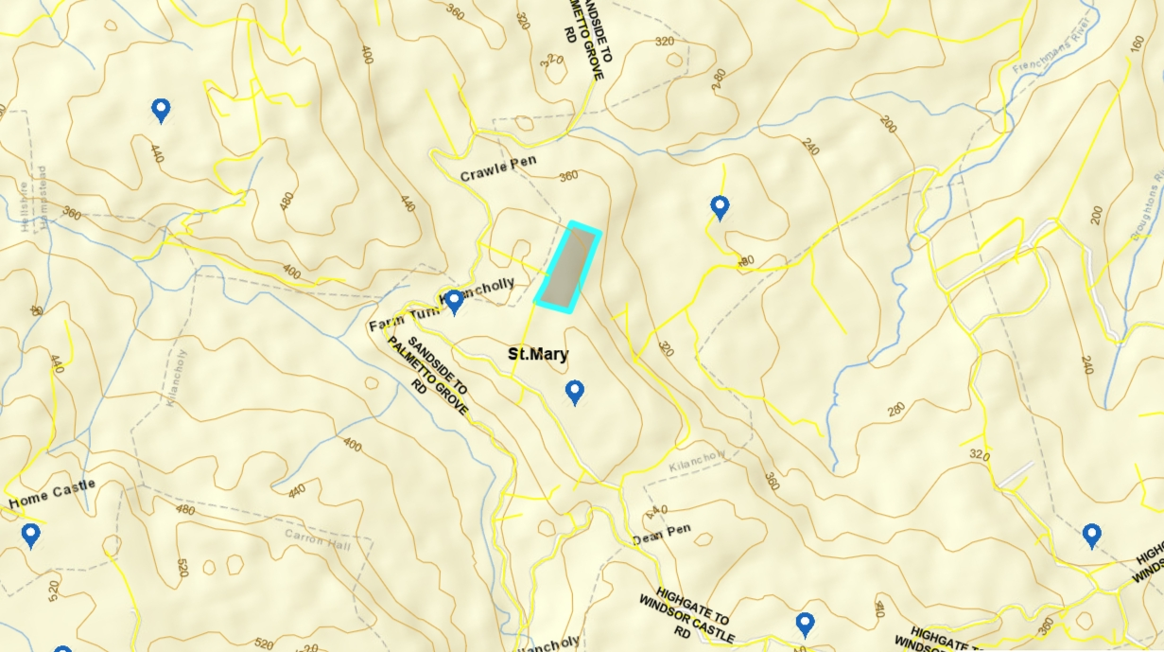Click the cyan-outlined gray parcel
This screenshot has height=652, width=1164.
tap(567, 268)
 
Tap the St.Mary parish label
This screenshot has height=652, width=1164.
tap(538, 355)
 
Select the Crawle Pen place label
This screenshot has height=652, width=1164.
tap(498, 168)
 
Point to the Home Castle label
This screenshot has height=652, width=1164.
tap(53, 492)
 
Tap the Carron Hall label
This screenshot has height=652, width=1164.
tap(317, 537)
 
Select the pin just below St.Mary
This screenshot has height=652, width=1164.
tap(574, 391)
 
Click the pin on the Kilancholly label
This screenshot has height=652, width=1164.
tap(454, 301)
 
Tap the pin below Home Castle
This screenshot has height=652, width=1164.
tap(30, 535)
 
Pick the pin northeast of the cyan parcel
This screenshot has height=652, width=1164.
tap(720, 206)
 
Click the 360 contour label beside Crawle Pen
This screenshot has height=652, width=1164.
tap(567, 176)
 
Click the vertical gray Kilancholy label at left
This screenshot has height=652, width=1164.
tap(176, 378)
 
